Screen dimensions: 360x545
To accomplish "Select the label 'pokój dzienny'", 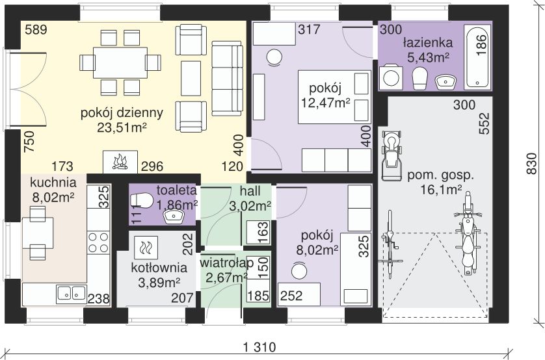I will click(122, 112).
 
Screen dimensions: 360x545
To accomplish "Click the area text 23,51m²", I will click(122, 128).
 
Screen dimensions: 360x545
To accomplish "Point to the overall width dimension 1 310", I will click(259, 348).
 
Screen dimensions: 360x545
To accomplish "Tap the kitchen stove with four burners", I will click(98, 242).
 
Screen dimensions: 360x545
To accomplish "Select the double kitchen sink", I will click(71, 293).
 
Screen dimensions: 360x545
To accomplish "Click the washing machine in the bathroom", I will click(393, 77).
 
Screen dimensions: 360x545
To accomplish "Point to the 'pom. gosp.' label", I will click(440, 175).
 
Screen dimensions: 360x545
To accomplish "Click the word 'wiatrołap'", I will click(223, 264).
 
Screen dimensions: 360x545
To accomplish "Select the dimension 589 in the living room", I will click(36, 30).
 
